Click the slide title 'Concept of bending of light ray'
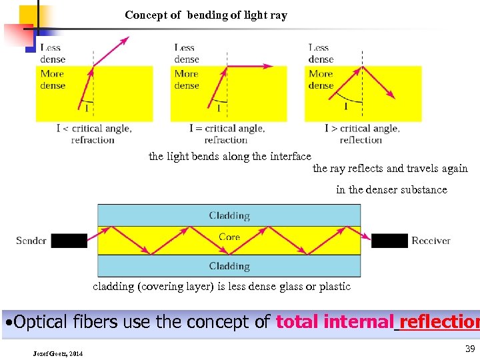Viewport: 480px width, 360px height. point(205,15)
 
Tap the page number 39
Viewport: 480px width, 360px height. point(469,349)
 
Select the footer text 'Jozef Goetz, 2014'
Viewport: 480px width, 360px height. point(58,353)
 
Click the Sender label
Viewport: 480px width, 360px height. point(31,240)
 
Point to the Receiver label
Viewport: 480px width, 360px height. point(431,240)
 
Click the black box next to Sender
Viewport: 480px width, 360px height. point(69,241)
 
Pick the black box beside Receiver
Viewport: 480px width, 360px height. point(389,241)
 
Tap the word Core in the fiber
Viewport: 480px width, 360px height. point(229,237)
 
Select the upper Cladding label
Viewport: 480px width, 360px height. point(229,215)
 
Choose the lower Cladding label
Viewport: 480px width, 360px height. point(229,266)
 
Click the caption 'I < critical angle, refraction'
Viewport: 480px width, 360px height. point(93,134)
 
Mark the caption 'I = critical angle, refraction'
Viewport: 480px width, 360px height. point(227,134)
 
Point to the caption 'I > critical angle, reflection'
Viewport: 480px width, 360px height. point(362,134)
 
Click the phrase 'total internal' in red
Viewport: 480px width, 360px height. point(335,322)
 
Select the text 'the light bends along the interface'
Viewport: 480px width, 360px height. point(229,156)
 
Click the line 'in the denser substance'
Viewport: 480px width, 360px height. point(391,189)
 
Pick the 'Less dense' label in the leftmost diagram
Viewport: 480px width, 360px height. point(53,53)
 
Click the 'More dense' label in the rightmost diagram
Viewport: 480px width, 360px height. point(321,79)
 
